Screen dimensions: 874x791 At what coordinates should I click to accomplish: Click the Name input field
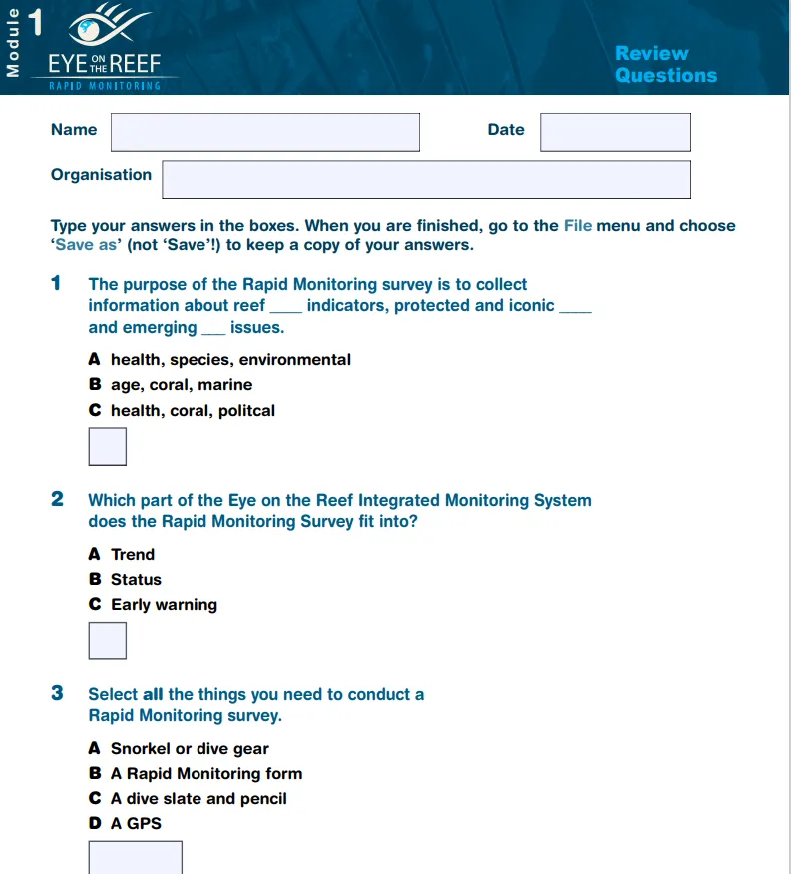click(x=264, y=132)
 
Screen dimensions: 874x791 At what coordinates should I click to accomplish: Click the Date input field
click(x=614, y=132)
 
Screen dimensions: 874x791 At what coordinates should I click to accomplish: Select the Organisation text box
click(x=426, y=179)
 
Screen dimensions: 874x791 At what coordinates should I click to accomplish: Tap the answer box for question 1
click(x=108, y=447)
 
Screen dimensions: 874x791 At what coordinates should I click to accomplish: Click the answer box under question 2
click(x=108, y=641)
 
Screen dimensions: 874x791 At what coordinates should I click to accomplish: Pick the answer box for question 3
click(x=136, y=857)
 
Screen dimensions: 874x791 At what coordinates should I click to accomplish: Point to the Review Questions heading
click(x=665, y=64)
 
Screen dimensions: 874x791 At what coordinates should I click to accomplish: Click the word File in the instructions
click(x=578, y=226)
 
